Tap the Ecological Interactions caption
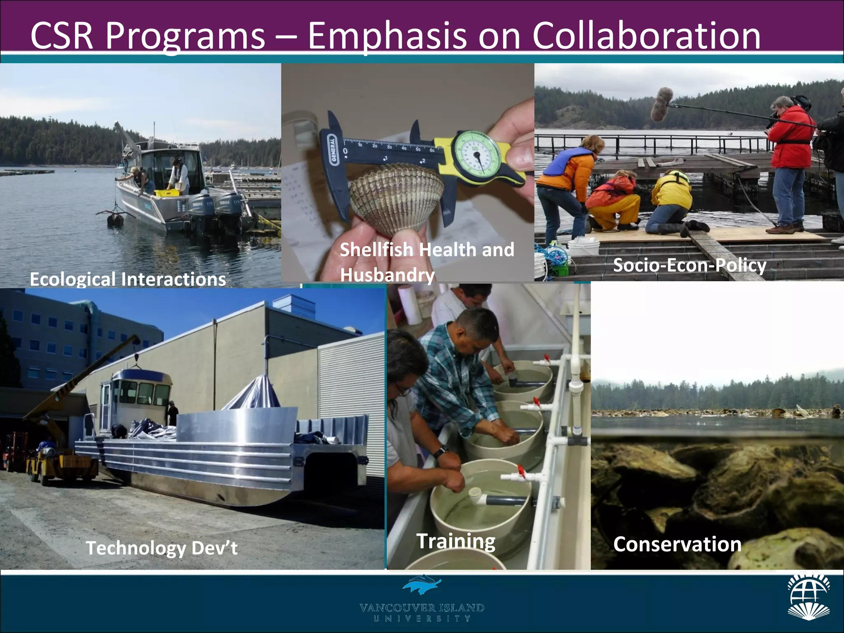click(x=128, y=279)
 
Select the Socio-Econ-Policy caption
click(x=689, y=265)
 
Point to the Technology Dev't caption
click(x=162, y=548)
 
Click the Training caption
click(x=456, y=541)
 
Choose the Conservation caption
click(x=677, y=544)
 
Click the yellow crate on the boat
click(x=166, y=193)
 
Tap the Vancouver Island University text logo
click(x=422, y=612)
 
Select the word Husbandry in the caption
click(x=387, y=275)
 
